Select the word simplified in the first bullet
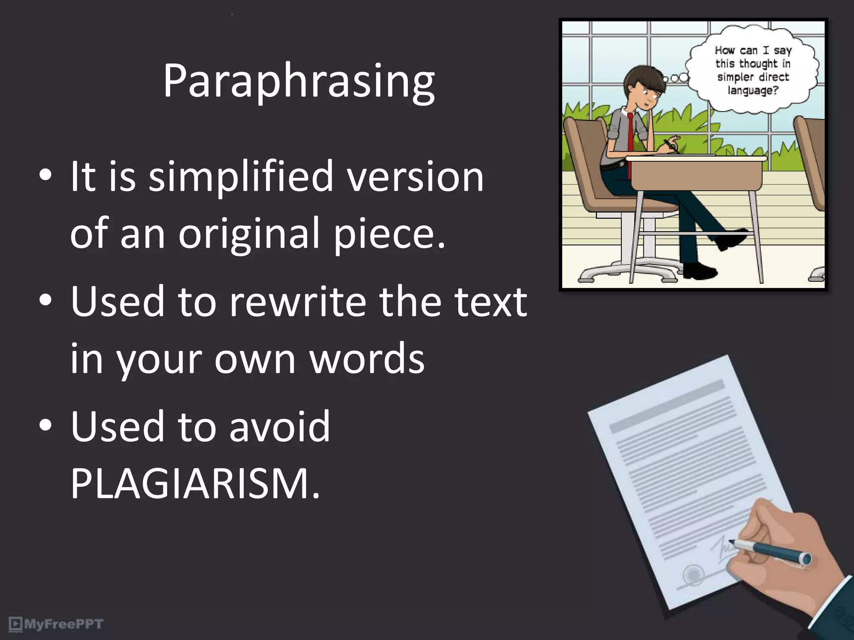click(x=241, y=177)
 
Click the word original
click(x=249, y=234)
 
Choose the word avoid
click(x=279, y=426)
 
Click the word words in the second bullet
click(x=367, y=358)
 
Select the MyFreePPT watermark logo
click(x=56, y=624)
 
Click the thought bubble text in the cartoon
click(x=753, y=70)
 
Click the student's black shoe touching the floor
click(x=701, y=272)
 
